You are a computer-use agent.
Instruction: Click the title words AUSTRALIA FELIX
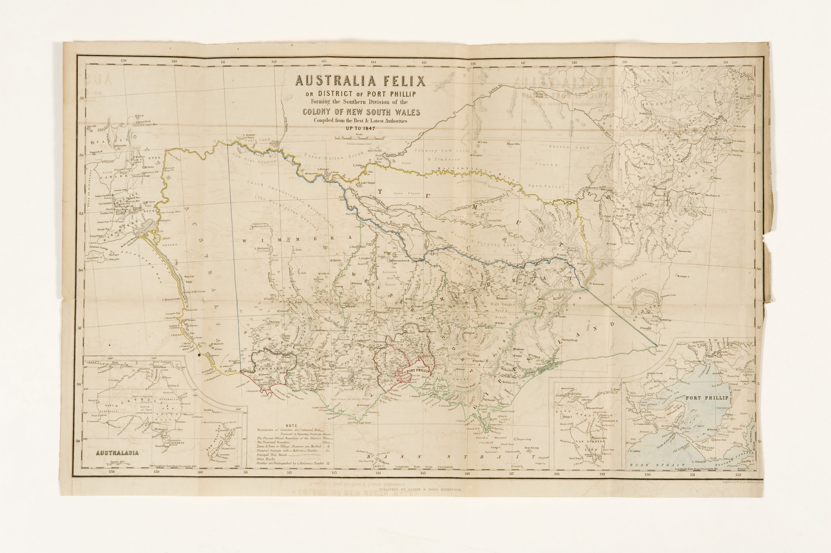click(361, 81)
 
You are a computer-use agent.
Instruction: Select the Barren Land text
click(575, 147)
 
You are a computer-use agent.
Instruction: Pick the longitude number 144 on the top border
click(373, 62)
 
